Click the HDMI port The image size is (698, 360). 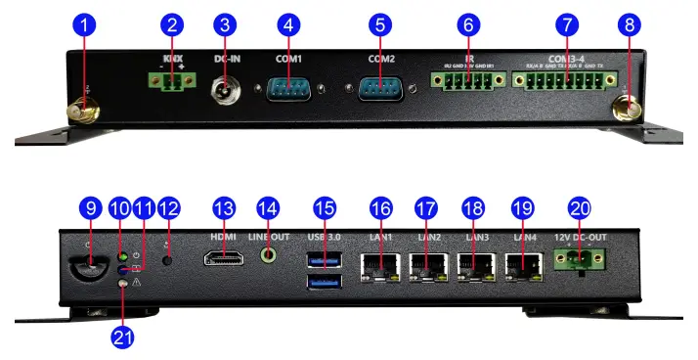point(226,259)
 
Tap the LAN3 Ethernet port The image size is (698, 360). point(475,264)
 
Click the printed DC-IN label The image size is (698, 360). point(228,59)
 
